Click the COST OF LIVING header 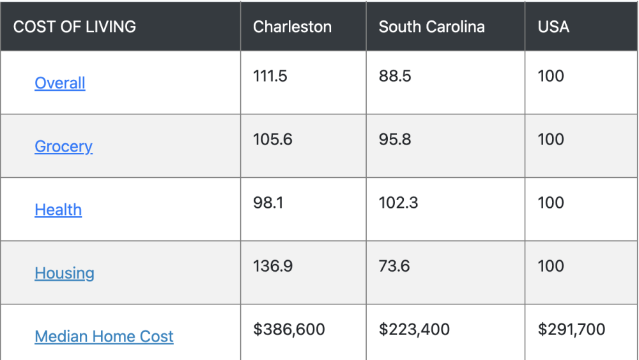point(74,27)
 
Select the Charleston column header point(292,27)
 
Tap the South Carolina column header point(431,27)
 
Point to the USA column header point(553,27)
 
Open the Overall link point(60,83)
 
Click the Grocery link point(63,146)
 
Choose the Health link point(58,210)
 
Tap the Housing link point(65,273)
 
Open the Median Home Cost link point(104,336)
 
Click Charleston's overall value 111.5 point(270,76)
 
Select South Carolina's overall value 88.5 point(395,76)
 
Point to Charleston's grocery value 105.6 point(273,139)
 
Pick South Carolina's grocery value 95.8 point(395,139)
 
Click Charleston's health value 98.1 point(268,203)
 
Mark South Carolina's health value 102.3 point(398,203)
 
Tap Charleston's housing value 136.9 point(273,266)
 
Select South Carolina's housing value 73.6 point(394,266)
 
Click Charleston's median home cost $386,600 point(289,329)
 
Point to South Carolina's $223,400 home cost point(414,329)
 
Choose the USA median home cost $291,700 point(571,329)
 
